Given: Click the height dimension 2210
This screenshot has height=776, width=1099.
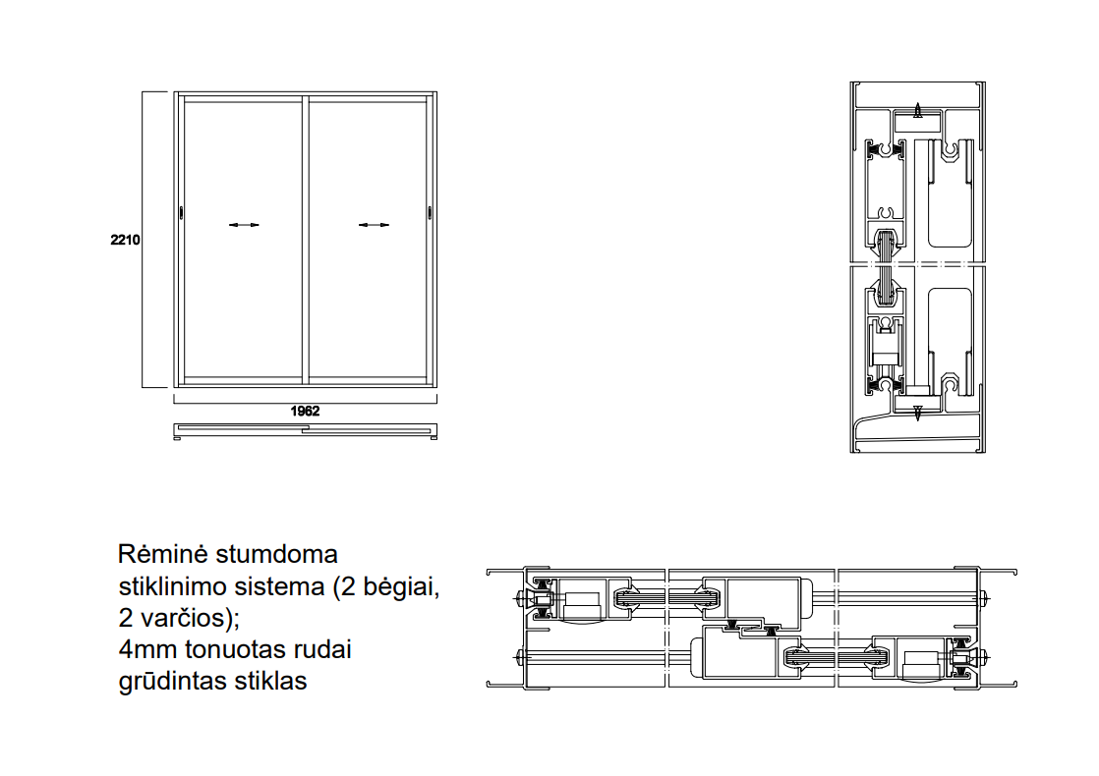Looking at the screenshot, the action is pyautogui.click(x=126, y=240).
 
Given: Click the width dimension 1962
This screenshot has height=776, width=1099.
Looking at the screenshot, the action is pyautogui.click(x=305, y=412).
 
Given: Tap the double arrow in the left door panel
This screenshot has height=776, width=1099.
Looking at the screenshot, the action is pyautogui.click(x=244, y=225).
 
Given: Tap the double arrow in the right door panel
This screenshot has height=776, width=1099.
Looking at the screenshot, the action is pyautogui.click(x=374, y=225).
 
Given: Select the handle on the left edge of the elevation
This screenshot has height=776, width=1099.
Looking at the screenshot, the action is pyautogui.click(x=182, y=212).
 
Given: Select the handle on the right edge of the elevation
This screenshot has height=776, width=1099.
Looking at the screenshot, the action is pyautogui.click(x=430, y=212).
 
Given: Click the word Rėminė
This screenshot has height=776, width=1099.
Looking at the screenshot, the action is pyautogui.click(x=162, y=554).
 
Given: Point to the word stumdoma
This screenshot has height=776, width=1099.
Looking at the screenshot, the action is pyautogui.click(x=277, y=554).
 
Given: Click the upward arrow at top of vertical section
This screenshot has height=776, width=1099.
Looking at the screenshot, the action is pyautogui.click(x=917, y=110).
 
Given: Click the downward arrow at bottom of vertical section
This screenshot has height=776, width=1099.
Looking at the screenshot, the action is pyautogui.click(x=917, y=413).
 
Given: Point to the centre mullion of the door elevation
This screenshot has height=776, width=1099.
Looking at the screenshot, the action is pyautogui.click(x=306, y=240).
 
